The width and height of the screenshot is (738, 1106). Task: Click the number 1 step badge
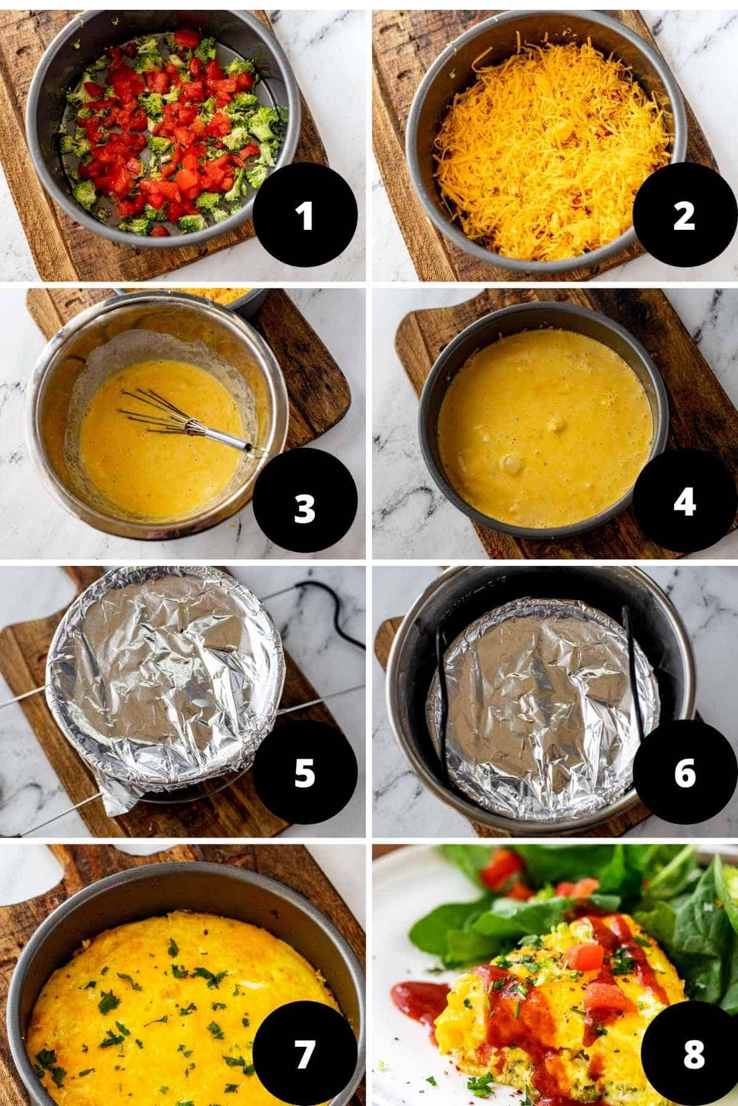(305, 216)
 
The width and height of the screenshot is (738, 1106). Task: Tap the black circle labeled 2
(684, 216)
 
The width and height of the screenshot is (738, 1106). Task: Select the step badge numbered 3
(305, 509)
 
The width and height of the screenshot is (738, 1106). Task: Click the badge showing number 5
(305, 773)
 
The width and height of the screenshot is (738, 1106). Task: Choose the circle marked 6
(684, 773)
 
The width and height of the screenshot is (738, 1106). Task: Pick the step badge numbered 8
(692, 1054)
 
